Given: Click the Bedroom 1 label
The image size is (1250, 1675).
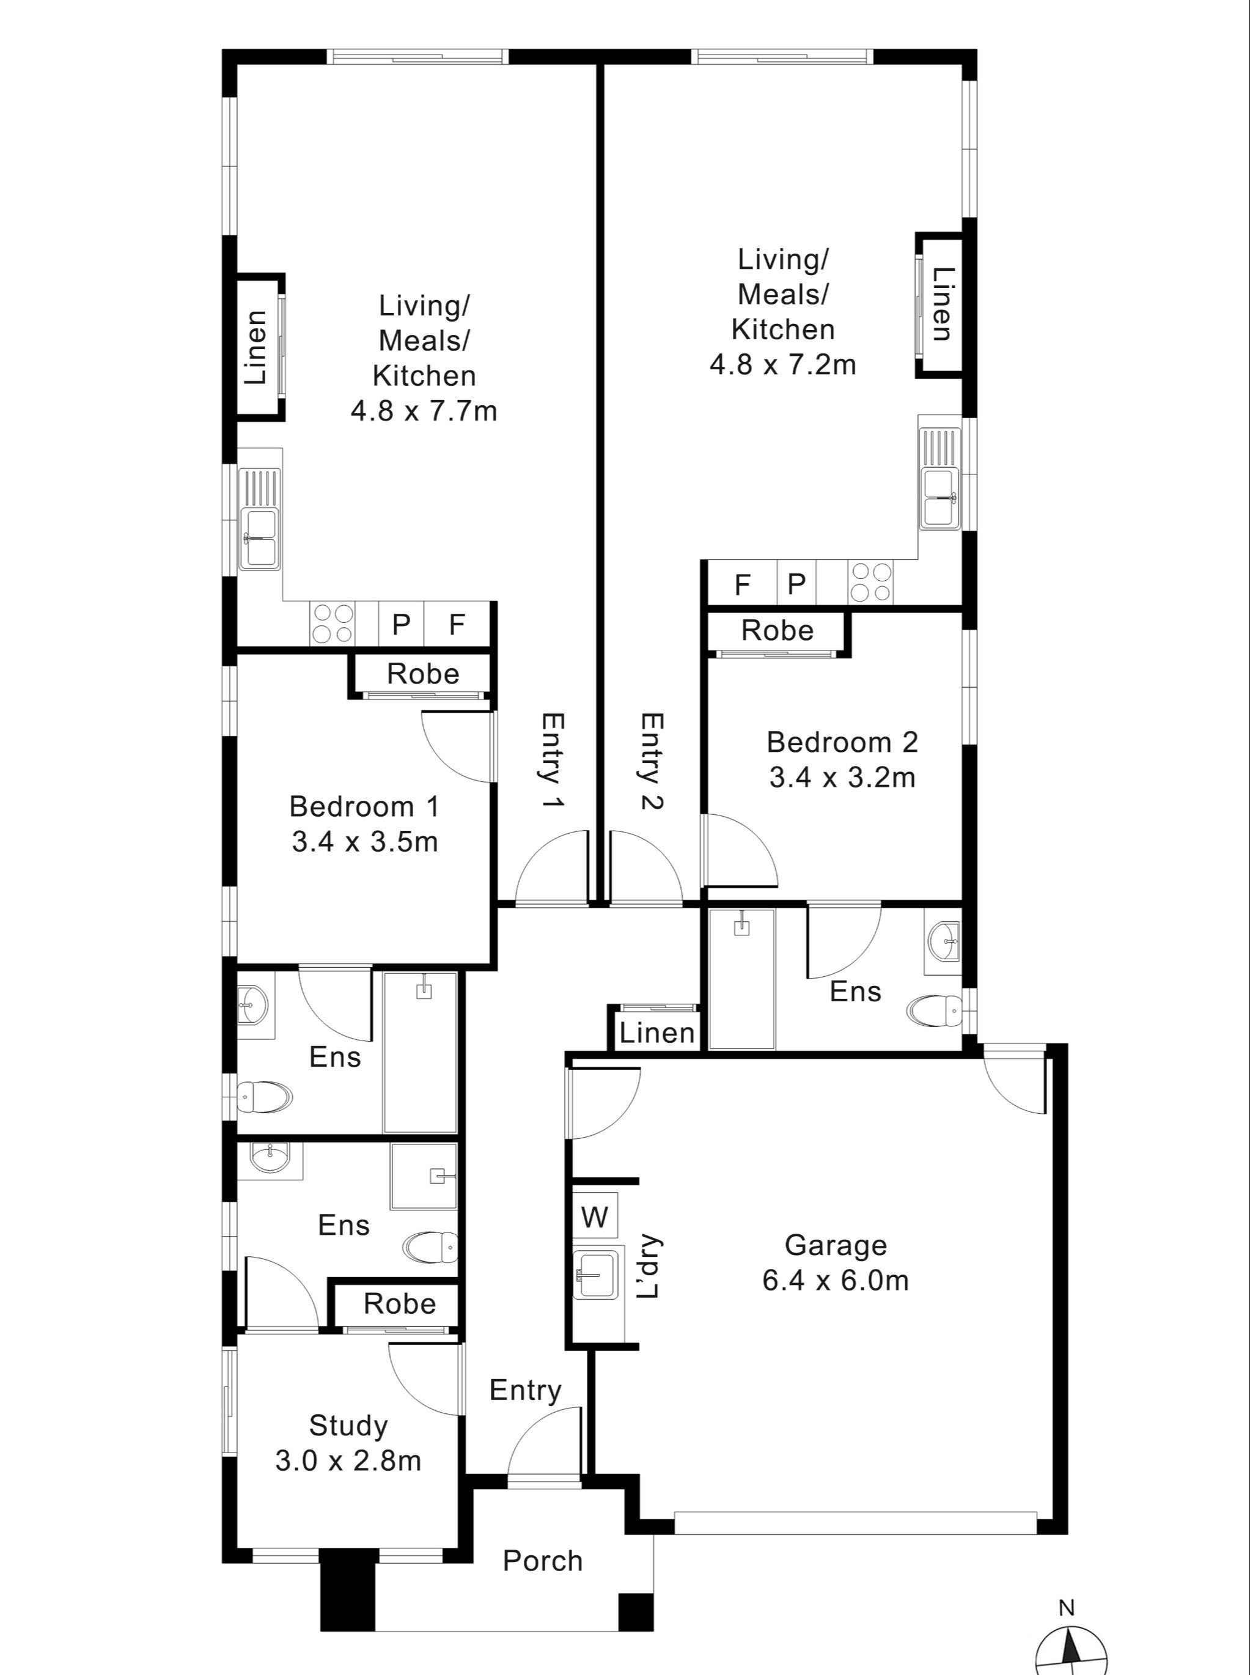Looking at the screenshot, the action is coord(364,806).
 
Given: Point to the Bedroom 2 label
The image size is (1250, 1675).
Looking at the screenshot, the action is coord(842,742).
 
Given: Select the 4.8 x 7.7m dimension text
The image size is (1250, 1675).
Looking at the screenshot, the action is coord(424,411).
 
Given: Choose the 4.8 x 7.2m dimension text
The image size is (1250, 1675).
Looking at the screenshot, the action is coord(783,365).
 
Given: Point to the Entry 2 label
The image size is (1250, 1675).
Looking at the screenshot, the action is coord(651,760).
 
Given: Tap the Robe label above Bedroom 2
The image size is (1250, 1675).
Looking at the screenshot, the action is coord(777,630).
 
